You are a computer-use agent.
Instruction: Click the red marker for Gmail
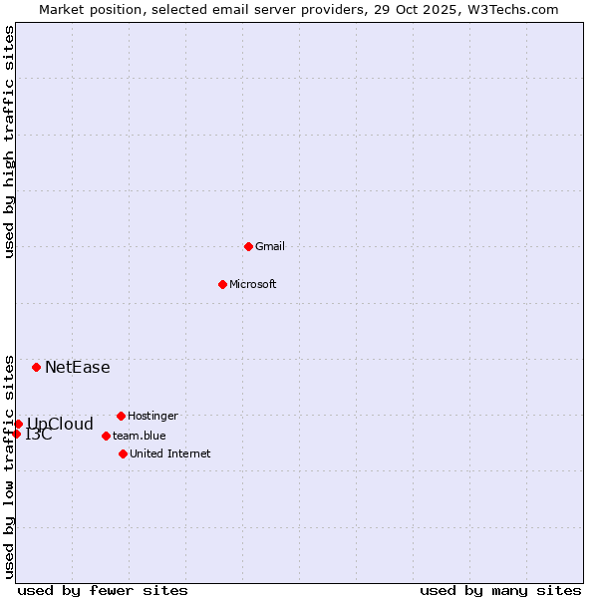(248, 246)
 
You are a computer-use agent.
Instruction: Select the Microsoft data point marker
(222, 284)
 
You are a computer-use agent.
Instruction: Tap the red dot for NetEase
(36, 367)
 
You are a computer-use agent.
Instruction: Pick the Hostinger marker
(121, 416)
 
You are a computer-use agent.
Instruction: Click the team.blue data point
(106, 436)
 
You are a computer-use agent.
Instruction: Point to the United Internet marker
(123, 453)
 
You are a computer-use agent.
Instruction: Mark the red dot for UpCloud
(18, 424)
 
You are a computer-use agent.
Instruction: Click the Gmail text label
(270, 246)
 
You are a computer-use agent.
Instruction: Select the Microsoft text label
(253, 284)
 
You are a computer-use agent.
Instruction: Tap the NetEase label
(78, 367)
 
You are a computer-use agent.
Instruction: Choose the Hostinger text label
(153, 416)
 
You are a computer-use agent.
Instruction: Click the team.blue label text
(140, 436)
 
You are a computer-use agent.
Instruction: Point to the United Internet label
(170, 453)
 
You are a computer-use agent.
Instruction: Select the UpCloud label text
(60, 424)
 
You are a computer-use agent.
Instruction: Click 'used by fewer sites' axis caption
(103, 590)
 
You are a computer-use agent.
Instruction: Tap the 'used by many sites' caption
(500, 590)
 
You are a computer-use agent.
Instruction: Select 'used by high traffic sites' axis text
(10, 142)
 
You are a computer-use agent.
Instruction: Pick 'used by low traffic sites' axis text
(10, 466)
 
